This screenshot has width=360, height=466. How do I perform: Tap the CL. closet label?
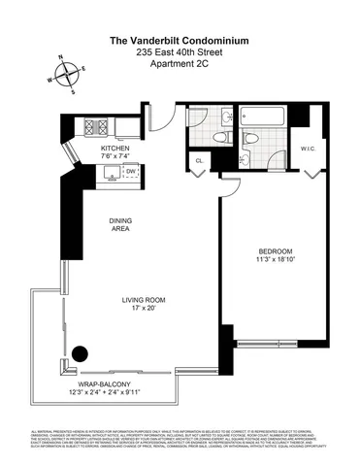(x=199, y=160)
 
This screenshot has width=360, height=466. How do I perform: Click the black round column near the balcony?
(x=76, y=353)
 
